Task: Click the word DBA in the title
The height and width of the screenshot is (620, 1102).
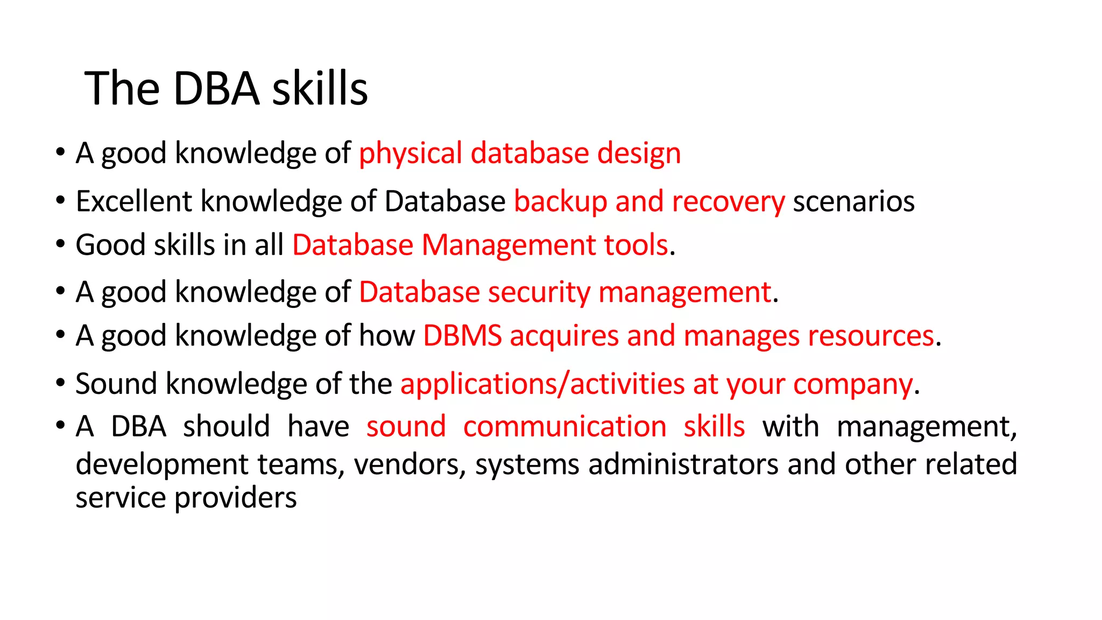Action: (x=216, y=89)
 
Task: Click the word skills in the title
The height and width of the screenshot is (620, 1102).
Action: (x=320, y=89)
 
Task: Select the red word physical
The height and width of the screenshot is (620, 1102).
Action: (x=411, y=154)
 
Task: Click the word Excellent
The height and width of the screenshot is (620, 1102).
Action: (x=134, y=202)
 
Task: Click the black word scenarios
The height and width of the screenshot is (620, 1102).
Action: (x=853, y=202)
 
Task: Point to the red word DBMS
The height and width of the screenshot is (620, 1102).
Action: (x=462, y=336)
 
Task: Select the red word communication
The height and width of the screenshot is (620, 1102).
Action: (x=564, y=427)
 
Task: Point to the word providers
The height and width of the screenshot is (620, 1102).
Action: (x=236, y=498)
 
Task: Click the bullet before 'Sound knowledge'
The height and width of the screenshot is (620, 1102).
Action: (x=60, y=383)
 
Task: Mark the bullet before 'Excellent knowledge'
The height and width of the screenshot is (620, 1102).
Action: (x=60, y=201)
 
